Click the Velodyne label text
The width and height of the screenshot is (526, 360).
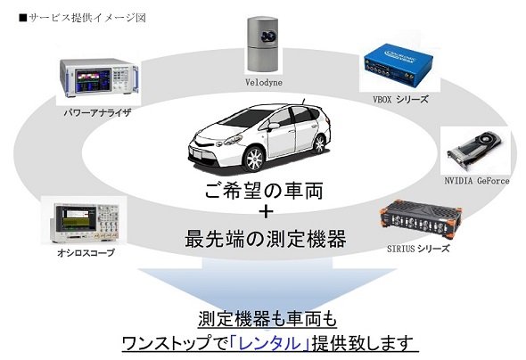point(264,82)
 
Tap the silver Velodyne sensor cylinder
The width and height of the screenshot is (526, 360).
point(262,44)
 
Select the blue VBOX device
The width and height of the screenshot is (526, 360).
point(398,65)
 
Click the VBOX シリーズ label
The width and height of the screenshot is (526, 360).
point(401,99)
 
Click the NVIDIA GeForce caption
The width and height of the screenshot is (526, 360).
point(477,181)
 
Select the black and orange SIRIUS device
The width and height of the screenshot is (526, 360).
point(421,219)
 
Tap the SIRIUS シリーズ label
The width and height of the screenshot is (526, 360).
point(418,249)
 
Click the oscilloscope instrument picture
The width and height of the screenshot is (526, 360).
point(85,222)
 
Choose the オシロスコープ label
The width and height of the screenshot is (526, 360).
point(86,252)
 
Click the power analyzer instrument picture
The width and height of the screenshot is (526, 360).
point(99,78)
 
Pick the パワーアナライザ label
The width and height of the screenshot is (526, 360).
point(97,112)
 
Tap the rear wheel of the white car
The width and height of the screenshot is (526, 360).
point(319,143)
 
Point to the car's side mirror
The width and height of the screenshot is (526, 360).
point(274,126)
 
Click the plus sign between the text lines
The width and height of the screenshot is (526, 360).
point(266,212)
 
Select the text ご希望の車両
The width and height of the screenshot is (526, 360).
point(265,191)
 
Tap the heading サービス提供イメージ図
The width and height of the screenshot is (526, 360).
point(83,18)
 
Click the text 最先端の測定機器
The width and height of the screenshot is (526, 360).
point(266,239)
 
